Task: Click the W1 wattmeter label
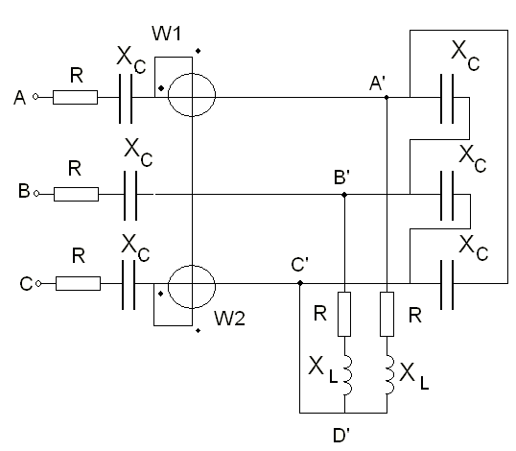(x=166, y=34)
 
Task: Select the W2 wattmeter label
(x=229, y=319)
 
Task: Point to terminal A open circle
(x=35, y=97)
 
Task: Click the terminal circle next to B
(x=36, y=194)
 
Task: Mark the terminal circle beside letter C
(x=38, y=283)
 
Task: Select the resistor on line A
(x=75, y=97)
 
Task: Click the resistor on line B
(x=76, y=194)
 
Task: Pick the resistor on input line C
(x=78, y=283)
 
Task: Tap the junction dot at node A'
(x=387, y=97)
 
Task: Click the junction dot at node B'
(x=344, y=195)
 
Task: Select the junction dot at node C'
(x=300, y=283)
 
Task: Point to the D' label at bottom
(x=341, y=436)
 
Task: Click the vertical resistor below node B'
(x=344, y=314)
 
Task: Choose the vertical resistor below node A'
(x=387, y=314)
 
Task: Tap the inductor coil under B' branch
(x=348, y=375)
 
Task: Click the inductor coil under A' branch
(x=390, y=375)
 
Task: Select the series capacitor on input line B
(x=130, y=196)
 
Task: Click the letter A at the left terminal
(x=19, y=98)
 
